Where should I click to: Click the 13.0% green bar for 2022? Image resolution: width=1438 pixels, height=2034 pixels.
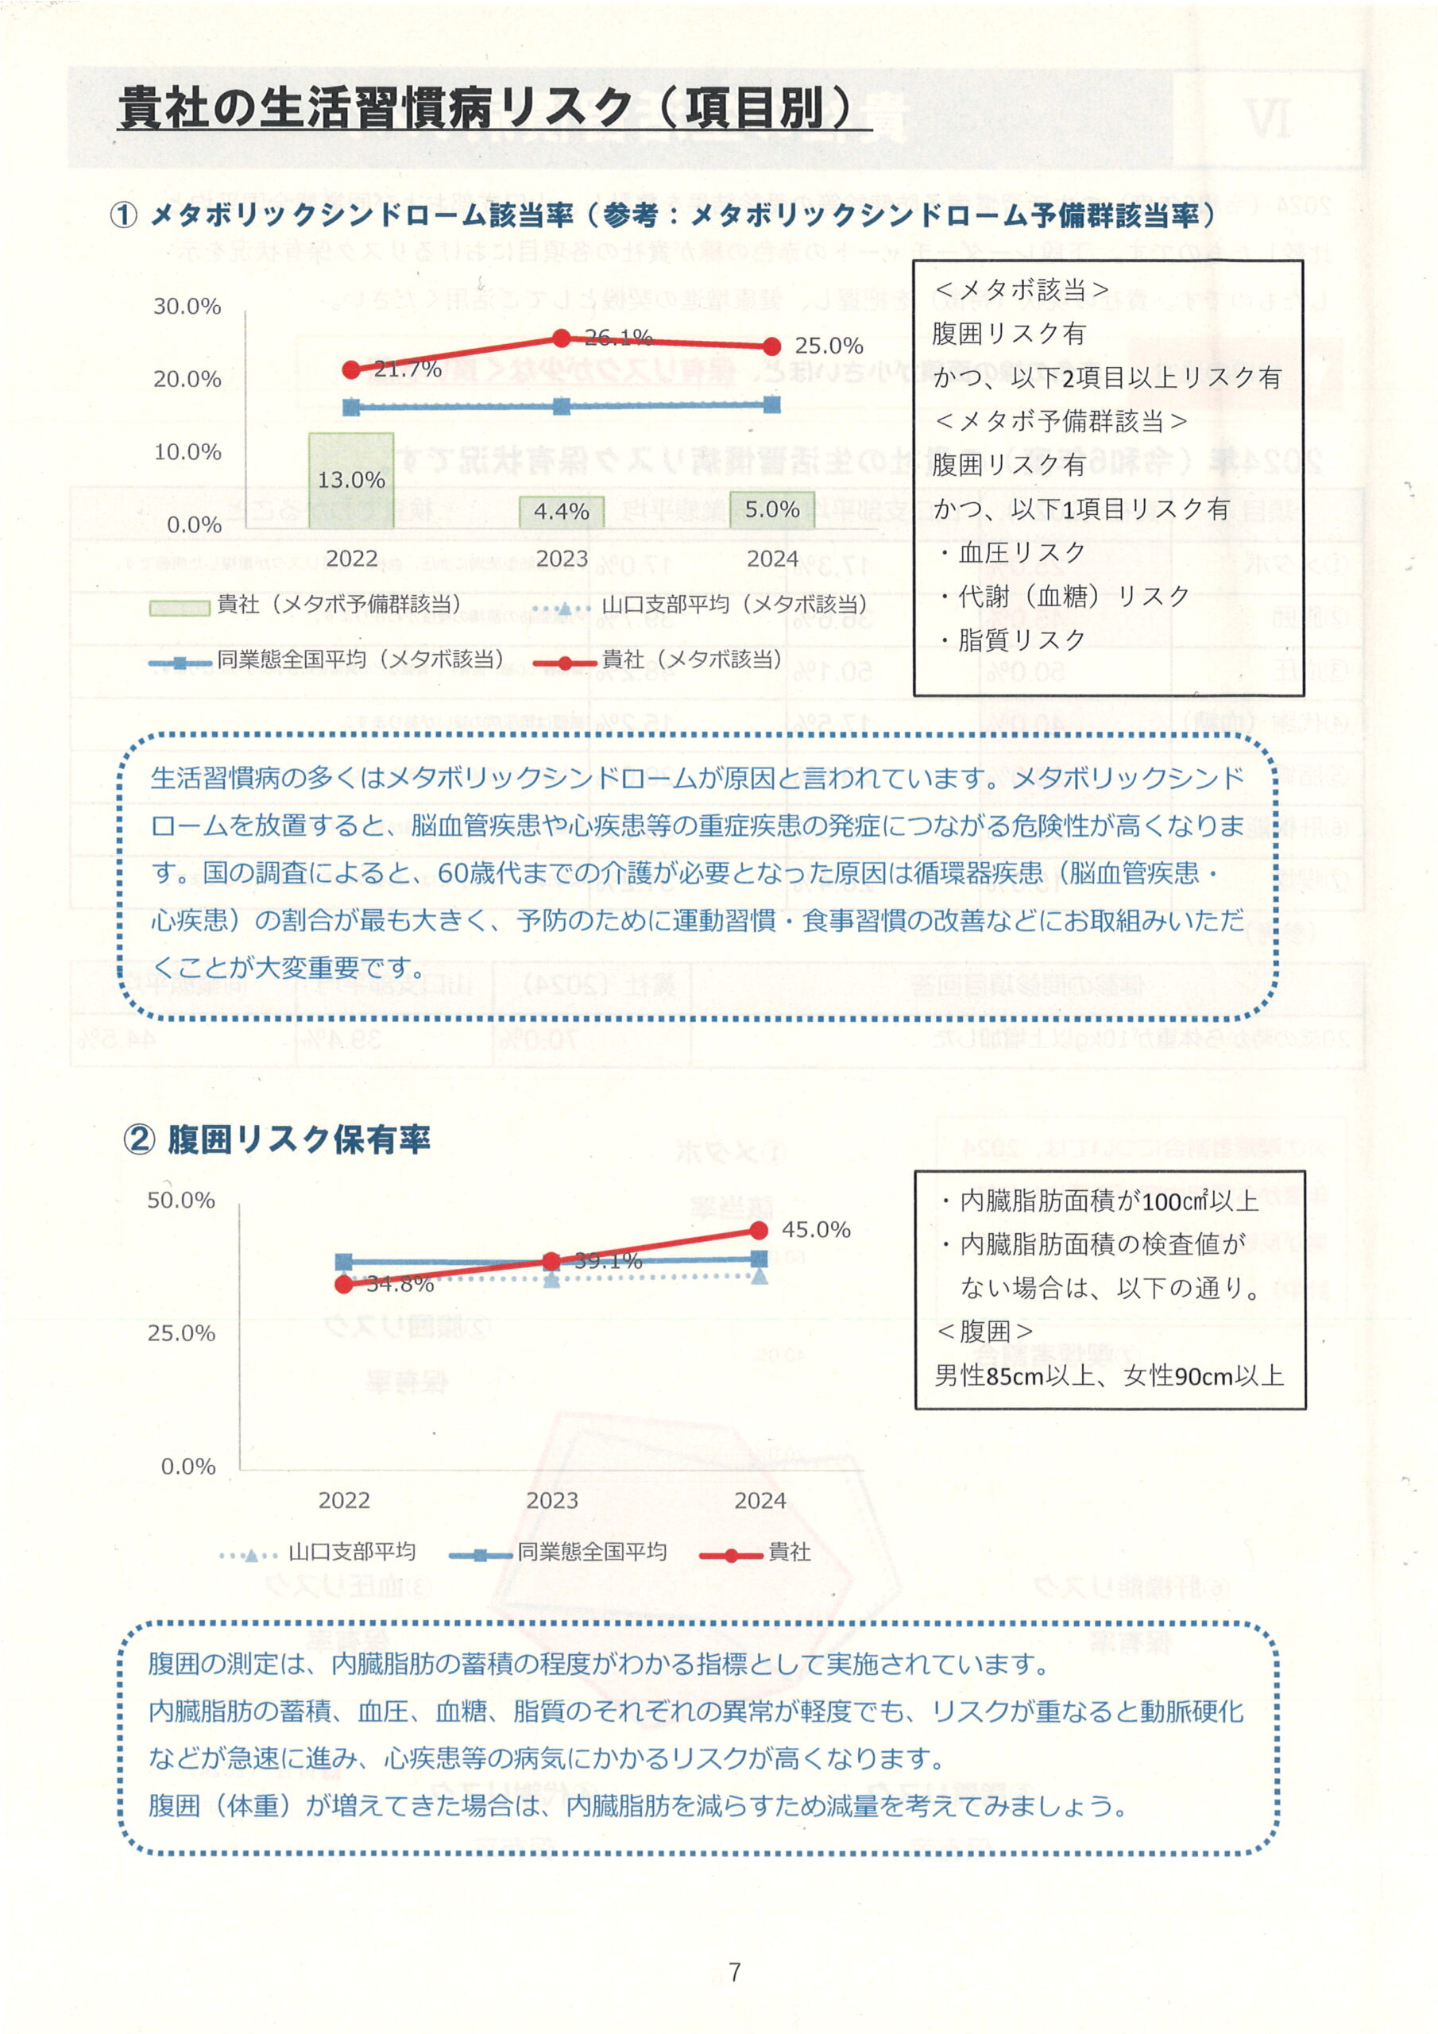pyautogui.click(x=351, y=480)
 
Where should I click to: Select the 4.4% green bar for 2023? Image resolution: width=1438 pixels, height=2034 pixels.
pyautogui.click(x=561, y=512)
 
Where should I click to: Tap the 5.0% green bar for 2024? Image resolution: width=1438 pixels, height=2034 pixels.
pyautogui.click(x=771, y=509)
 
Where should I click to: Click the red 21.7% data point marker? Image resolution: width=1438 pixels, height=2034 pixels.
pyautogui.click(x=351, y=369)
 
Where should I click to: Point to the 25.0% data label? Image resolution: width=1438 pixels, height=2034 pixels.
pyautogui.click(x=829, y=346)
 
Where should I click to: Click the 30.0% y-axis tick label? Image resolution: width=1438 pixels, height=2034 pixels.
pyautogui.click(x=187, y=307)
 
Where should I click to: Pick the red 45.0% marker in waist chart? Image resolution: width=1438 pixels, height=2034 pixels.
pyautogui.click(x=759, y=1231)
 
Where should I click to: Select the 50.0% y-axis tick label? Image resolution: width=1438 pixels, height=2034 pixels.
pyautogui.click(x=181, y=1201)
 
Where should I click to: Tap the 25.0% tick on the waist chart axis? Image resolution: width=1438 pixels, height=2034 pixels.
pyautogui.click(x=181, y=1333)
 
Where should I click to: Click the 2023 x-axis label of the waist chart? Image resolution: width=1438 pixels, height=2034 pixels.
pyautogui.click(x=552, y=1501)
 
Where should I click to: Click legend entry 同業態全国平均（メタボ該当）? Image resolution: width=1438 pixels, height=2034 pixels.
pyautogui.click(x=328, y=660)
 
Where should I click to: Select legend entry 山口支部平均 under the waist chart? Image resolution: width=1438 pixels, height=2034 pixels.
pyautogui.click(x=319, y=1552)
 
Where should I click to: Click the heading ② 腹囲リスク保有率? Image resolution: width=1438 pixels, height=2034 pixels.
pyautogui.click(x=276, y=1139)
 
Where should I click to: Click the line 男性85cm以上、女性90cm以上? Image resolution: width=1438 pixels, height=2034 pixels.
pyautogui.click(x=1109, y=1376)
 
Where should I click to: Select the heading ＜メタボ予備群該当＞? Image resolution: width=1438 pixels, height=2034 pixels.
pyautogui.click(x=1060, y=422)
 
